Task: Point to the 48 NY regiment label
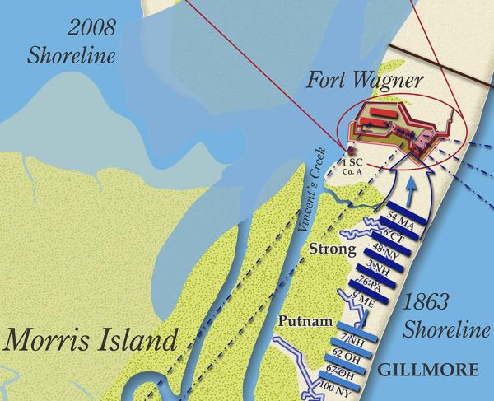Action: (384, 251)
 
